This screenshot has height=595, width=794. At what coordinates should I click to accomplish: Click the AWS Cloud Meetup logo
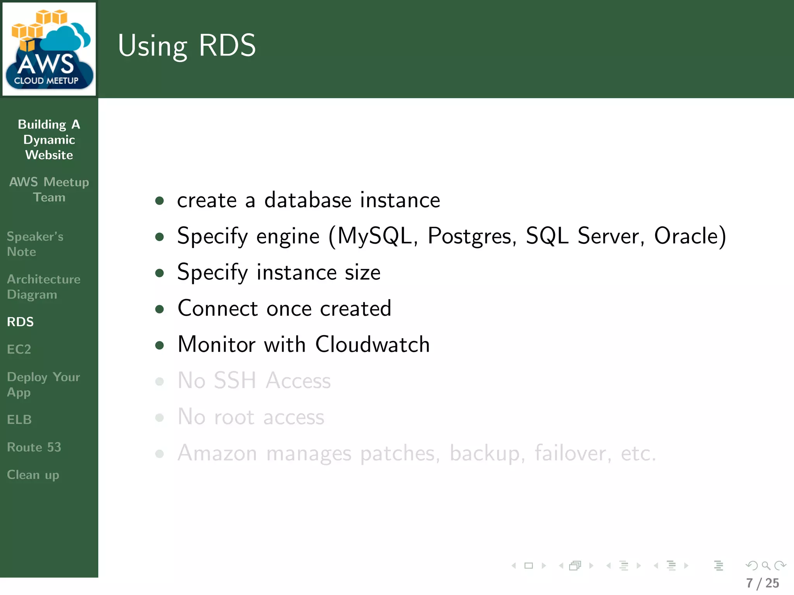pyautogui.click(x=49, y=49)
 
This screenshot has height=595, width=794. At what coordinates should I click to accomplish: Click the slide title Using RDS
pyautogui.click(x=186, y=46)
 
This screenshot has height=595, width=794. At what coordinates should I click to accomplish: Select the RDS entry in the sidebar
pyautogui.click(x=21, y=322)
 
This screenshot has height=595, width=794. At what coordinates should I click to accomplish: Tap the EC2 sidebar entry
pyautogui.click(x=19, y=349)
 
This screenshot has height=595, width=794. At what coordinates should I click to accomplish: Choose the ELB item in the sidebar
pyautogui.click(x=19, y=420)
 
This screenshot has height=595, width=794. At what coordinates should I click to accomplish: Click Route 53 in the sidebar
pyautogui.click(x=34, y=447)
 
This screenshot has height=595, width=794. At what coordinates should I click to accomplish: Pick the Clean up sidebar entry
pyautogui.click(x=33, y=475)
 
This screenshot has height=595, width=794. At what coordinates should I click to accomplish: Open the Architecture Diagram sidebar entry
pyautogui.click(x=43, y=287)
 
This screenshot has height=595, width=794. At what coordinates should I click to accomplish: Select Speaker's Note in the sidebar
pyautogui.click(x=35, y=244)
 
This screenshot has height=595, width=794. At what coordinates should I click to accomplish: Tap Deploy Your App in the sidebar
pyautogui.click(x=43, y=384)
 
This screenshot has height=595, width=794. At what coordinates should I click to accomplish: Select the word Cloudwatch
pyautogui.click(x=372, y=344)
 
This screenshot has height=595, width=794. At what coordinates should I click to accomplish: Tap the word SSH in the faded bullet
pyautogui.click(x=235, y=380)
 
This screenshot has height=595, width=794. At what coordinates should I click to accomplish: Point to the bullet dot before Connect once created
pyautogui.click(x=159, y=309)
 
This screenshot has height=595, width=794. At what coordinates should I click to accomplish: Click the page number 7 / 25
pyautogui.click(x=763, y=583)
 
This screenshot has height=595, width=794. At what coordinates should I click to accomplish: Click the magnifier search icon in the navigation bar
pyautogui.click(x=766, y=566)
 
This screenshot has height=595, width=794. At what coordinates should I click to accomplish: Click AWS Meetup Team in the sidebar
pyautogui.click(x=49, y=189)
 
